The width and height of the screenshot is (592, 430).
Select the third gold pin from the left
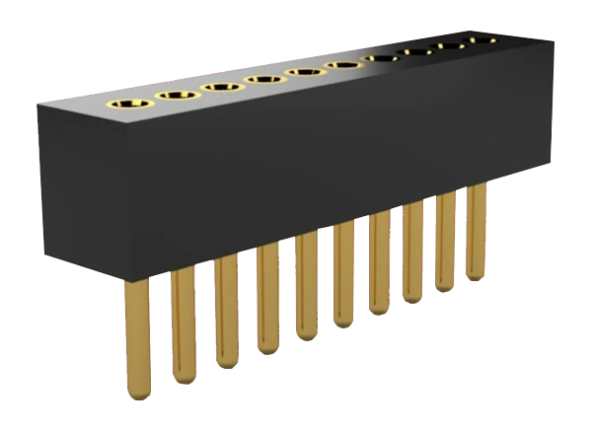click(x=226, y=310)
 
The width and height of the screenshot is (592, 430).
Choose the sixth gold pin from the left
click(x=343, y=276)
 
